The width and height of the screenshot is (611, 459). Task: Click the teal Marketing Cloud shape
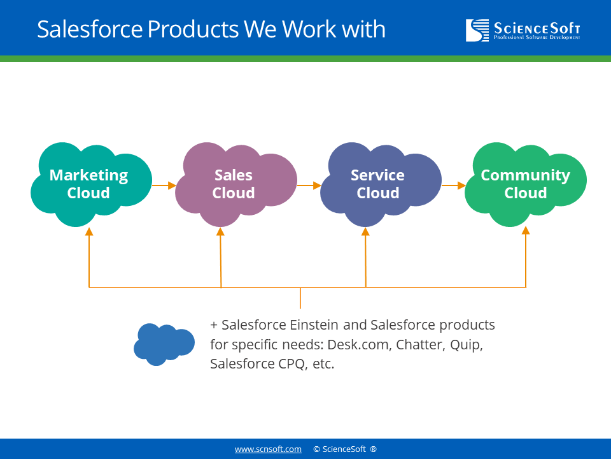click(91, 184)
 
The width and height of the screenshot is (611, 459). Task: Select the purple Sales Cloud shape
click(236, 184)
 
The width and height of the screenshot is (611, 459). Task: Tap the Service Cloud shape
click(381, 184)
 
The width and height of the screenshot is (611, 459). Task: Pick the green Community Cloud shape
click(526, 184)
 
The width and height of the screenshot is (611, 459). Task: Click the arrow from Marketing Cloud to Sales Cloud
click(164, 186)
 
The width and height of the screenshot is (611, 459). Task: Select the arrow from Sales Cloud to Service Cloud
click(309, 186)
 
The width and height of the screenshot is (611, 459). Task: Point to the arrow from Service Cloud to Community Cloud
click(454, 186)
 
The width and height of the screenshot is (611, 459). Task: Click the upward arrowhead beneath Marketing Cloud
click(89, 231)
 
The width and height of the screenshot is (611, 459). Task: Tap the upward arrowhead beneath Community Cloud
click(526, 231)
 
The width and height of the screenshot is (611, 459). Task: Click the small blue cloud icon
click(164, 344)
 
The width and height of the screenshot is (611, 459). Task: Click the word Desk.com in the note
click(358, 345)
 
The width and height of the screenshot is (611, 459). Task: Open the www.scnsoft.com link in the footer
click(268, 449)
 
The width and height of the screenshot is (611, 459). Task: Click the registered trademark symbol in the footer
click(374, 449)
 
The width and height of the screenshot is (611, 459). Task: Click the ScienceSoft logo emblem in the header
click(477, 30)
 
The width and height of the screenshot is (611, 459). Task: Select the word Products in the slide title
click(193, 29)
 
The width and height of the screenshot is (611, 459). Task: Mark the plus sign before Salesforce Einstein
click(214, 325)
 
